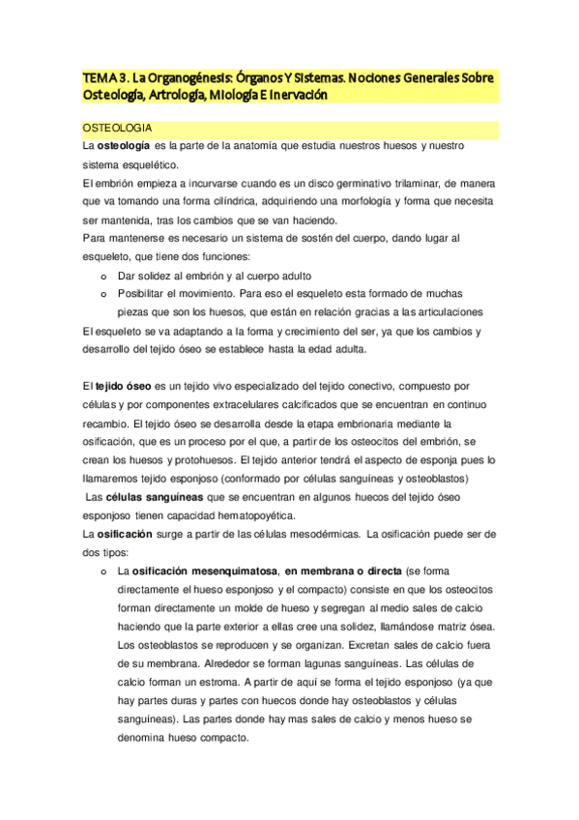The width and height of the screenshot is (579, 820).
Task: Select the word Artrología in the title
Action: click(x=183, y=95)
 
